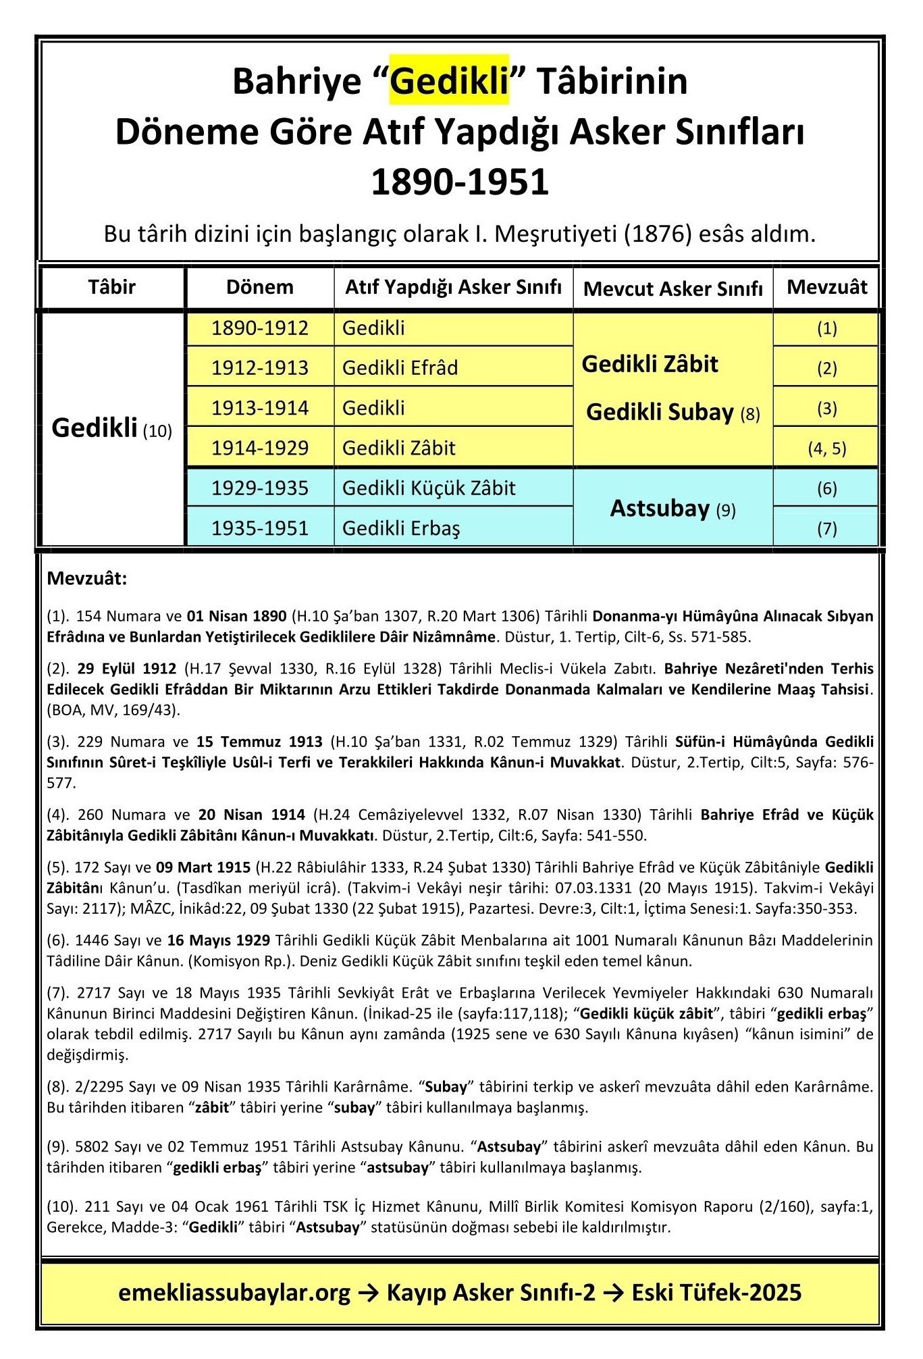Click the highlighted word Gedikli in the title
click(449, 82)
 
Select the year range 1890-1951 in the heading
click(460, 182)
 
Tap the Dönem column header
click(259, 287)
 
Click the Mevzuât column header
click(826, 287)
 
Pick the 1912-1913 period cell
click(259, 367)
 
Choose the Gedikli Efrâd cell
click(400, 367)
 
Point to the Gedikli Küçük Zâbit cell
click(429, 488)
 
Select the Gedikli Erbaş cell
click(401, 528)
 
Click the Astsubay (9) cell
click(673, 509)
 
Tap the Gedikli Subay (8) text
click(673, 412)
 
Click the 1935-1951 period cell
click(259, 528)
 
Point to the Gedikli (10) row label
click(111, 428)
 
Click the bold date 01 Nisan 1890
click(236, 616)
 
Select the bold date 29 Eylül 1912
click(126, 669)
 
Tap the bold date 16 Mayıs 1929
click(219, 940)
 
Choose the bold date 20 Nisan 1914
click(251, 815)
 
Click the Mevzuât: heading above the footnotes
click(87, 579)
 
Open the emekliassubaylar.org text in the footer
click(234, 1293)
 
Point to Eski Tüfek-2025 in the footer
click(716, 1293)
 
